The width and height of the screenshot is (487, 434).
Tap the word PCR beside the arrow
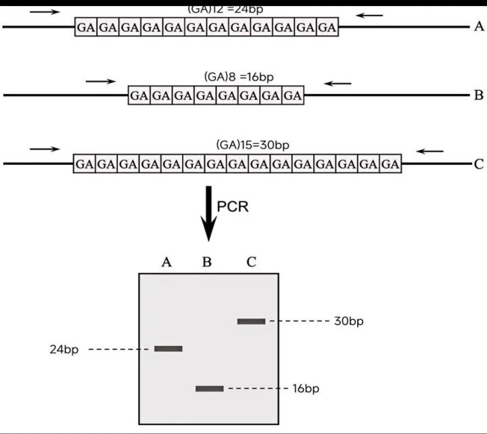coord(233,207)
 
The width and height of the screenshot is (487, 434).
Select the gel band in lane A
coord(168,349)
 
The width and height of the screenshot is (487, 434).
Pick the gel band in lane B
coord(209,389)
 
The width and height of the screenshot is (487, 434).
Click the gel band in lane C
coord(251,321)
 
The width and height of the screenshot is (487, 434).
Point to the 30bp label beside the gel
coord(348,321)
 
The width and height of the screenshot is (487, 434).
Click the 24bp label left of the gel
coord(64,349)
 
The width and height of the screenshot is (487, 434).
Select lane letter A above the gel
coord(167,262)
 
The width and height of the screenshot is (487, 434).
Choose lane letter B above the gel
coord(208,262)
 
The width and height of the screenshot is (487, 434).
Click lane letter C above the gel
coord(251,262)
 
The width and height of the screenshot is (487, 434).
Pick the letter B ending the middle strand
coord(478,95)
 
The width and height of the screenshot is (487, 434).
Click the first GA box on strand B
coord(139,95)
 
